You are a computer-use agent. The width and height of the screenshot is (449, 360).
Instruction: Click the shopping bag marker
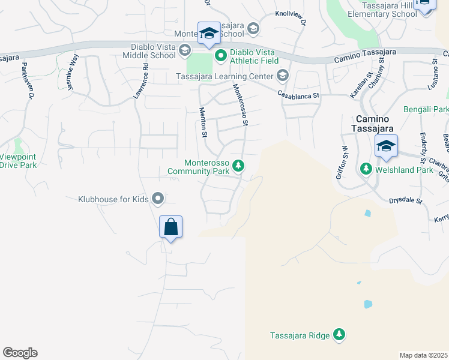click(171, 227)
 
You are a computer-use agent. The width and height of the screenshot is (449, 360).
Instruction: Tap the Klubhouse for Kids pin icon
click(158, 197)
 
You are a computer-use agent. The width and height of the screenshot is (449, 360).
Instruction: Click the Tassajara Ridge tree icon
click(339, 334)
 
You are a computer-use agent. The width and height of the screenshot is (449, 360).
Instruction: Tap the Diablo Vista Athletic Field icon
click(220, 56)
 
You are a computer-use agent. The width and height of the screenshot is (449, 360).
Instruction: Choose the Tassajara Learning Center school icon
click(282, 76)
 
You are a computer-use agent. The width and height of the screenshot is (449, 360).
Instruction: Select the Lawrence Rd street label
click(140, 81)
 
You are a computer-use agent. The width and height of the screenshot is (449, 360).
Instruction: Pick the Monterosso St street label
click(241, 104)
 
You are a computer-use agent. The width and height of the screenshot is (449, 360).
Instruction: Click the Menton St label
click(203, 122)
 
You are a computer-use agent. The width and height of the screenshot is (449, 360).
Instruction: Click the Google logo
click(20, 353)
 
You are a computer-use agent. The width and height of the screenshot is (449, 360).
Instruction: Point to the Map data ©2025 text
click(423, 355)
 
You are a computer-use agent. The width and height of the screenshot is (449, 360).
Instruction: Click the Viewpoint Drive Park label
click(18, 161)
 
